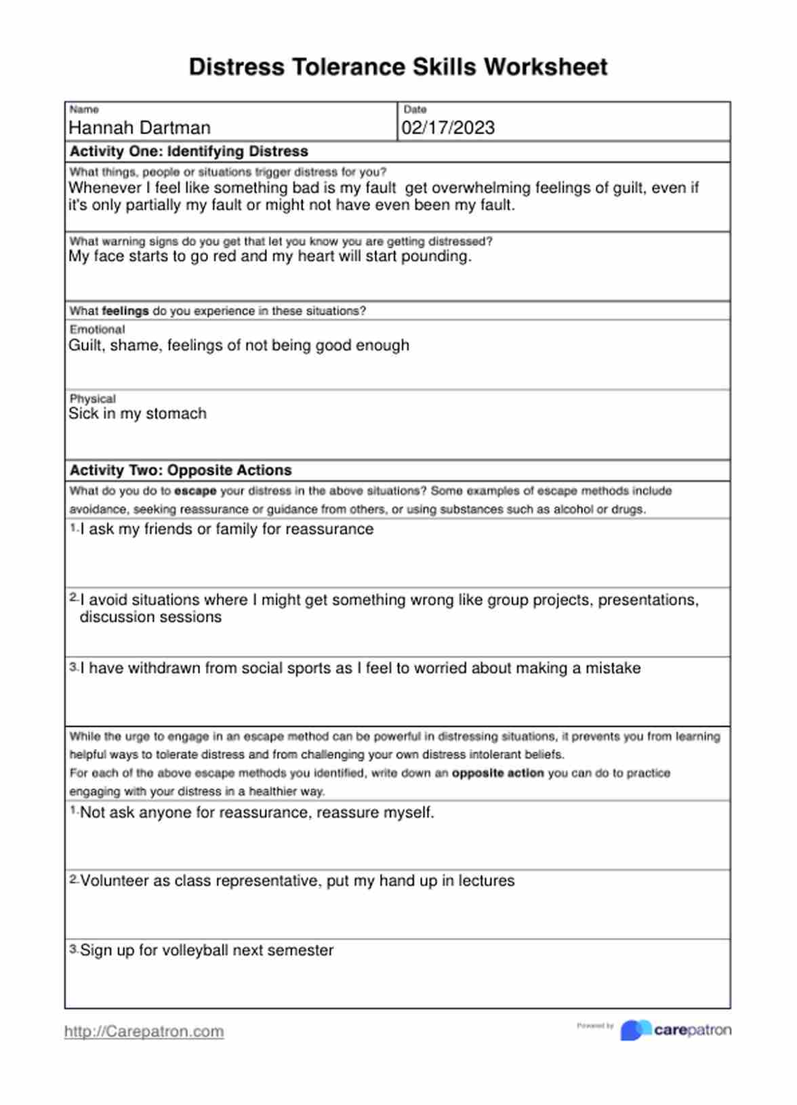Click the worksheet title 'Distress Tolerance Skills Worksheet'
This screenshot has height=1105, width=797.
click(x=398, y=67)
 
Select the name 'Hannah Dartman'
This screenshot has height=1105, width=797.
click(x=140, y=127)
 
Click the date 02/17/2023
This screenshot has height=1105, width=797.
click(x=448, y=127)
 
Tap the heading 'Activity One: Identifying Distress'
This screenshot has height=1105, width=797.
click(x=188, y=151)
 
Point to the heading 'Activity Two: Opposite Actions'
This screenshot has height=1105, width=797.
click(x=180, y=470)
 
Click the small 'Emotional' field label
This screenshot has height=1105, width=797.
click(x=97, y=329)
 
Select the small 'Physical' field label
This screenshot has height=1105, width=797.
click(x=92, y=399)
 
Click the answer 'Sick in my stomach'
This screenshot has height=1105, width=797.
click(x=138, y=414)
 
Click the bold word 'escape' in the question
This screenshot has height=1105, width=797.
click(x=195, y=491)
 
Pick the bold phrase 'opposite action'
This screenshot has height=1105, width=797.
click(x=497, y=773)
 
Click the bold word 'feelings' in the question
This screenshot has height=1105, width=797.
click(x=125, y=311)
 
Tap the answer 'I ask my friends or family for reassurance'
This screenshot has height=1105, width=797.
click(x=226, y=529)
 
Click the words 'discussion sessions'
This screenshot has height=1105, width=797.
click(x=150, y=617)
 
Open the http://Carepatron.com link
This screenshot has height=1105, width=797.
click(x=144, y=1031)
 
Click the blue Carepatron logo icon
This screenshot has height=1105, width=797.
click(x=635, y=1030)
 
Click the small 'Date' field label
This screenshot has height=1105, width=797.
click(x=415, y=109)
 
